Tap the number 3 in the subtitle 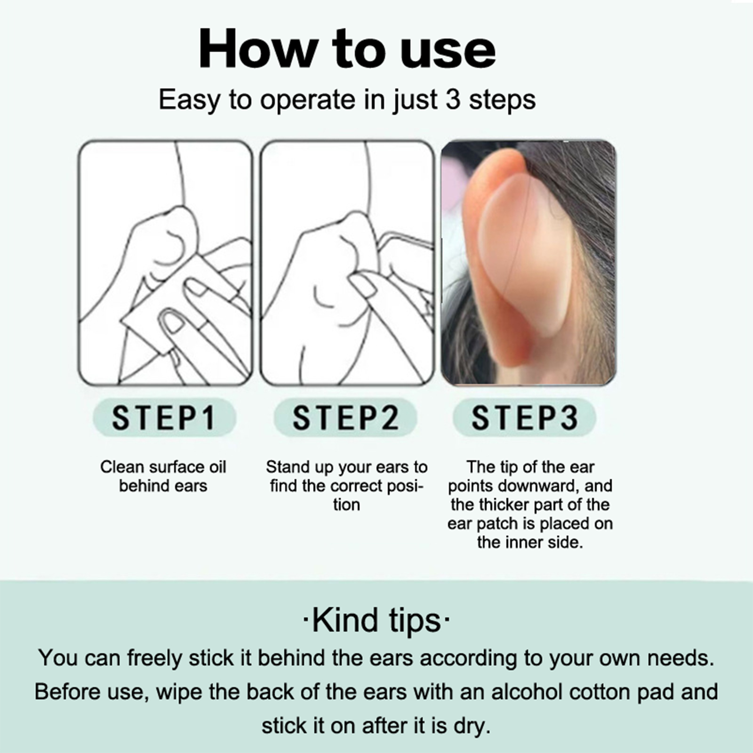pyautogui.click(x=453, y=99)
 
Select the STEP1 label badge pyautogui.click(x=164, y=417)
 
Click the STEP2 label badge pyautogui.click(x=345, y=417)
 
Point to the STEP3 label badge pyautogui.click(x=524, y=417)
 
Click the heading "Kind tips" pyautogui.click(x=376, y=620)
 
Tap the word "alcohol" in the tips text pyautogui.click(x=527, y=692)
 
